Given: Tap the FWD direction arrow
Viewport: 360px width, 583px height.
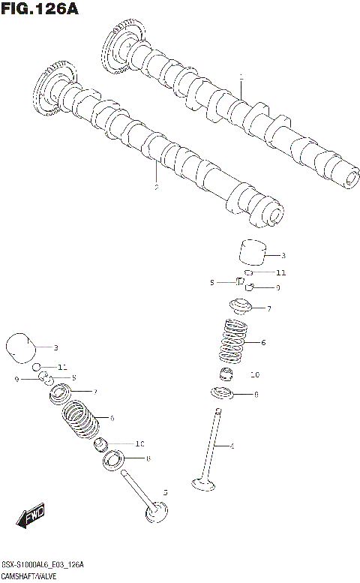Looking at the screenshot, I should [31, 517].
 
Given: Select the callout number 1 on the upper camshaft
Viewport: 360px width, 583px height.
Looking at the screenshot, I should [241, 77].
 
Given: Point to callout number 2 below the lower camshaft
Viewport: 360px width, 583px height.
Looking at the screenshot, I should [155, 187].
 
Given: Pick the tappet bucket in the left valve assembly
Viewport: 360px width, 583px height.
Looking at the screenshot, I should [20, 347].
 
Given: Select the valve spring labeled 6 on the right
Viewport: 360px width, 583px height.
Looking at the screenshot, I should [234, 342].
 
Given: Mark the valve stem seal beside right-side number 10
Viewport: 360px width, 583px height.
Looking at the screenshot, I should [227, 374].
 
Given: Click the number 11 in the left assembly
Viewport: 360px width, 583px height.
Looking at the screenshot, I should [62, 367].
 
